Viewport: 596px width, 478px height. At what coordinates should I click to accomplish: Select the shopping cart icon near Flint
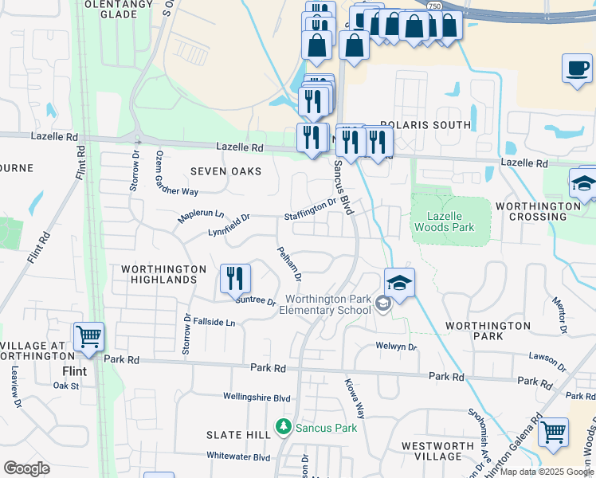pyautogui.click(x=88, y=337)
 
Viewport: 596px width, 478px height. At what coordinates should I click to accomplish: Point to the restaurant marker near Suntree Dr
pyautogui.click(x=235, y=278)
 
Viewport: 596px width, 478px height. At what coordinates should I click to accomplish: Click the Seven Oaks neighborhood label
pyautogui.click(x=221, y=171)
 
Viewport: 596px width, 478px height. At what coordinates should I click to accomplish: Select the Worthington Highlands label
pyautogui.click(x=159, y=274)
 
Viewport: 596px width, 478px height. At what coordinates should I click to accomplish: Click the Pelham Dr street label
pyautogui.click(x=288, y=264)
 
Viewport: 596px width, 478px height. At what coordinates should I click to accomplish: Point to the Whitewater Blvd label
pyautogui.click(x=238, y=457)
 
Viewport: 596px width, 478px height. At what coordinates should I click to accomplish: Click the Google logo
pyautogui.click(x=27, y=468)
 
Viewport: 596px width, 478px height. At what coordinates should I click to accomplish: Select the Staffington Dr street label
pyautogui.click(x=311, y=211)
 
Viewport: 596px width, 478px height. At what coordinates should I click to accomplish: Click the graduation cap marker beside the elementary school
pyautogui.click(x=399, y=282)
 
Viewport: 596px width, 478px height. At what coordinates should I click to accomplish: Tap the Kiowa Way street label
pyautogui.click(x=355, y=399)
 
